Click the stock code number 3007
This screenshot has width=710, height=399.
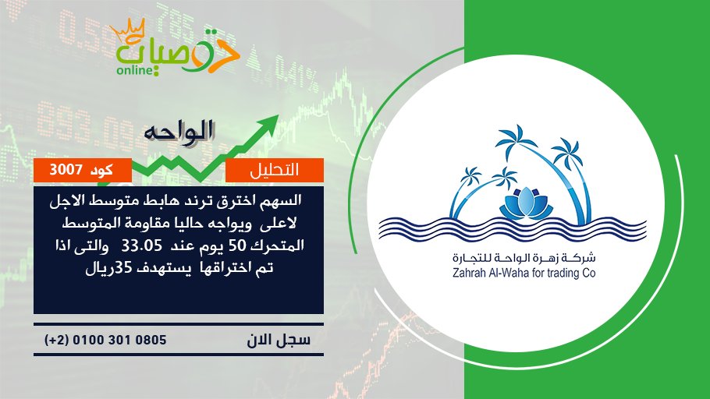pos(66,170)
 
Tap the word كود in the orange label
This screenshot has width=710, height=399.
pos(101,170)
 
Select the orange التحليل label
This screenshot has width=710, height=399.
pos(275,170)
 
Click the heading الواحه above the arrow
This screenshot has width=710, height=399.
pos(179,132)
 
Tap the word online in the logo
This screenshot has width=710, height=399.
pos(133,70)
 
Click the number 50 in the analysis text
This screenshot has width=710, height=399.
pos(236,246)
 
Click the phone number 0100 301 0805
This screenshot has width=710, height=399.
pos(119,340)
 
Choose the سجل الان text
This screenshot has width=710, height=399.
pos(279,340)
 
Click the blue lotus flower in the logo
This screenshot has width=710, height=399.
pos(526,203)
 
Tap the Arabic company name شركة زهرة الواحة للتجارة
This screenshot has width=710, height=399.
pos(524,258)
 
